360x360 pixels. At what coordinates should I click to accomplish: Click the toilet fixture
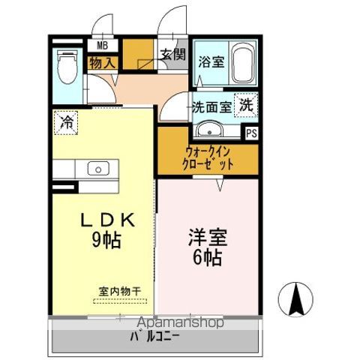pos(67,66)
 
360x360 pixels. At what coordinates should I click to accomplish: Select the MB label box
pos(103,46)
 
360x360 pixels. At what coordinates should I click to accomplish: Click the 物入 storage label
pos(103,62)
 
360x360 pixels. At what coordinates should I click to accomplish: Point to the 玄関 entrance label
pos(173,54)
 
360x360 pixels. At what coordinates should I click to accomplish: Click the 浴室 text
pos(211,61)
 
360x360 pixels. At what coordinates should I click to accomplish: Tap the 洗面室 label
pos(212,107)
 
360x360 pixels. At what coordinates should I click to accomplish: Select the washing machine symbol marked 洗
pos(246,105)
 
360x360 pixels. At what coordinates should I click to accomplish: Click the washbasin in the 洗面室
pos(209,129)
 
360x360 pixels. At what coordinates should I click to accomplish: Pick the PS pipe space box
pos(251,133)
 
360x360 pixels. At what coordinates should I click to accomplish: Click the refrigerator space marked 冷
pos(66,123)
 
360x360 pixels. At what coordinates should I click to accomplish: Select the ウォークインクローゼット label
pos(208,158)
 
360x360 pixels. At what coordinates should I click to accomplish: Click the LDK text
pos(107,220)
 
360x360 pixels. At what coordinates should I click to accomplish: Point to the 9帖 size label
pos(107,240)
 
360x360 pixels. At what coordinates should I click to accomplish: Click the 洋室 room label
pos(208,238)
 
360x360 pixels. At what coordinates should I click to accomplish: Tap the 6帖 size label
pos(208,257)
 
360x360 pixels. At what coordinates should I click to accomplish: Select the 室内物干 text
pos(120,292)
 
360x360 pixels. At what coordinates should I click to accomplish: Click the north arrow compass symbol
pos(296,299)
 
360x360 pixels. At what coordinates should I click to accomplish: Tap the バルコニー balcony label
pos(154,337)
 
